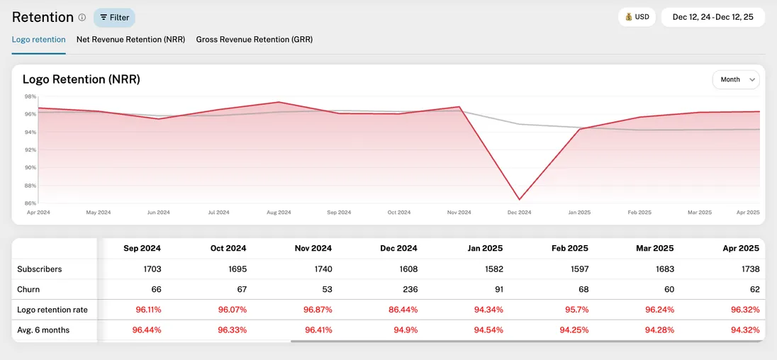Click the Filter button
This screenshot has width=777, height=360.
(114, 17)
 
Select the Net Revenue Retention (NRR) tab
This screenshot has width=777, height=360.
(130, 40)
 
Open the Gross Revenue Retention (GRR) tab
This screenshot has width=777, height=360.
(254, 40)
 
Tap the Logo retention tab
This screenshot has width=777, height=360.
(38, 40)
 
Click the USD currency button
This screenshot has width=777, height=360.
(636, 17)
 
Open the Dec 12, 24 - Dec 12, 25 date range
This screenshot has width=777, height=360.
(712, 17)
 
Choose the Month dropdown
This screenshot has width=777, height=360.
(735, 80)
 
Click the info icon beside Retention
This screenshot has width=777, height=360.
(82, 17)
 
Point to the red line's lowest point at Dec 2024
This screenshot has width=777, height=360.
(519, 200)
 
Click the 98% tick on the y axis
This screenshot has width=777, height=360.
(30, 96)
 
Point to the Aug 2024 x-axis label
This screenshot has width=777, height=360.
(279, 213)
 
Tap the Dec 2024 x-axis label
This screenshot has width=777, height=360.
(519, 213)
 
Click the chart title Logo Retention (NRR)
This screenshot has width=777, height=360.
(82, 79)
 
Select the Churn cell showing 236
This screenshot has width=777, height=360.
(408, 289)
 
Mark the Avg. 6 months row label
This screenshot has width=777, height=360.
(44, 330)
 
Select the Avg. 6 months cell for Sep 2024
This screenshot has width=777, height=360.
(147, 330)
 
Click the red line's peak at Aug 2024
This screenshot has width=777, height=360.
(279, 102)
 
